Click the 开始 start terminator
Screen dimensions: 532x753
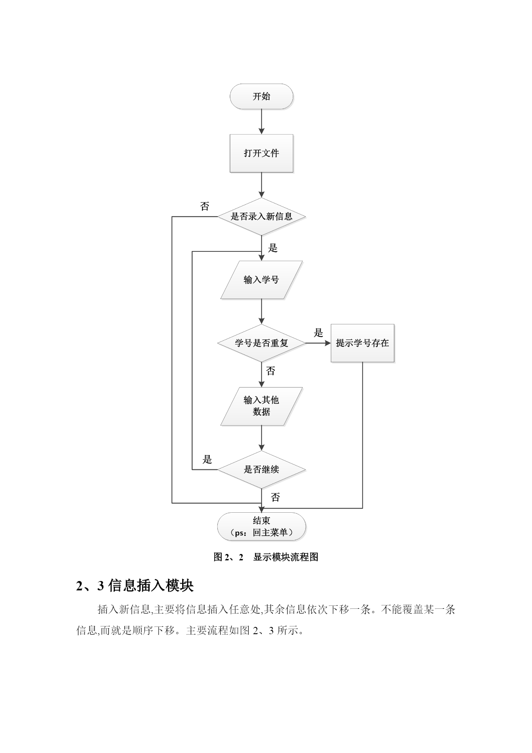tap(261, 96)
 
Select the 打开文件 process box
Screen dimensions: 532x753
tap(261, 153)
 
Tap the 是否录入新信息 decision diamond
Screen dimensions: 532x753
tap(261, 216)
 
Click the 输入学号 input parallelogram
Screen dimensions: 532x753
tap(261, 280)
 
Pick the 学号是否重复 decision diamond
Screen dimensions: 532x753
tap(261, 343)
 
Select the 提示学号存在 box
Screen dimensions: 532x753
tap(363, 343)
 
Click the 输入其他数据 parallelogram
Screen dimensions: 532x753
tap(261, 406)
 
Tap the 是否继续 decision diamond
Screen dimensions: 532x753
tap(261, 469)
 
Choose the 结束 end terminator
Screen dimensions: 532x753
tap(261, 526)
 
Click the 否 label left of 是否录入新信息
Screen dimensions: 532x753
tap(205, 206)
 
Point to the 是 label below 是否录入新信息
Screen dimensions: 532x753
tap(273, 248)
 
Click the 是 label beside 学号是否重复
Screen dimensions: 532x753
tap(318, 333)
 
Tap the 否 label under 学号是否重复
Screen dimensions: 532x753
tap(271, 371)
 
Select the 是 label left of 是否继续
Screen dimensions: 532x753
tap(207, 460)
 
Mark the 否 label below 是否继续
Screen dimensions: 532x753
tap(276, 497)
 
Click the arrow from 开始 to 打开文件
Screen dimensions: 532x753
tap(261, 121)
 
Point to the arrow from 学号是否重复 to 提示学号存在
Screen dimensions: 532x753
tap(318, 343)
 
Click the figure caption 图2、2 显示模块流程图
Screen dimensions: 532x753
tap(266, 557)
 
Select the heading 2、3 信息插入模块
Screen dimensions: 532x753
tap(135, 586)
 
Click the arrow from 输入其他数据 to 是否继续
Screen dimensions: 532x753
tap(261, 438)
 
